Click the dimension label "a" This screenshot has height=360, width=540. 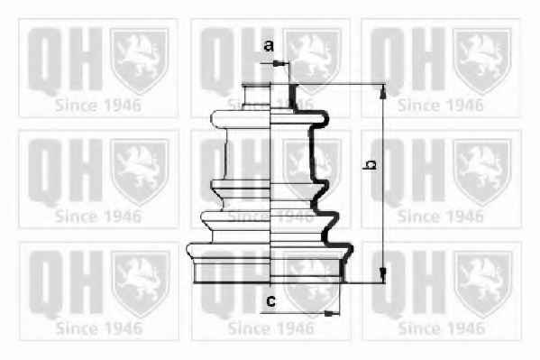(x=269, y=45)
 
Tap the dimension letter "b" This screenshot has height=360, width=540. (x=370, y=165)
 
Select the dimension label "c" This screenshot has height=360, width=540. (x=271, y=301)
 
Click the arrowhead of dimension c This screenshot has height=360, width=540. (x=332, y=313)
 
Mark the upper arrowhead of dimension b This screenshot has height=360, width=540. (x=382, y=91)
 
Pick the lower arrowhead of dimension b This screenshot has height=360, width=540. (x=382, y=275)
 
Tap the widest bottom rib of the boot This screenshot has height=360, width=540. (x=270, y=251)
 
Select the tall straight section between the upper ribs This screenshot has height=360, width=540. (x=270, y=154)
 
